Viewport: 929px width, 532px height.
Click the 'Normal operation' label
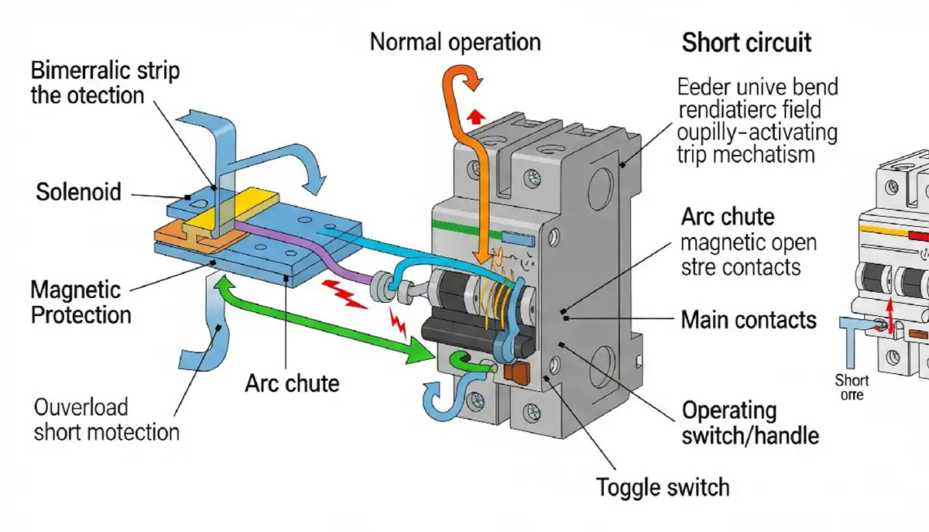(x=454, y=41)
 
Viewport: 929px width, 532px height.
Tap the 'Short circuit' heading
(x=746, y=43)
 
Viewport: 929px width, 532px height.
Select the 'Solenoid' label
(x=79, y=191)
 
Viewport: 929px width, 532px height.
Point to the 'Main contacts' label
(x=749, y=319)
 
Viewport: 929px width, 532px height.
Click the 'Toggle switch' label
(x=663, y=487)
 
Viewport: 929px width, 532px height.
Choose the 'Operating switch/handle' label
(x=749, y=423)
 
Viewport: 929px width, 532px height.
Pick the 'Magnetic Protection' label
(x=80, y=303)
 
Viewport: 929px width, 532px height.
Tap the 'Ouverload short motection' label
(x=106, y=419)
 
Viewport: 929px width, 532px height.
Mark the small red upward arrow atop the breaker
(x=478, y=116)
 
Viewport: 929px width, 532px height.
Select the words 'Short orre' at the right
(x=852, y=387)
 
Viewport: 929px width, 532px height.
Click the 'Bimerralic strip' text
(x=105, y=71)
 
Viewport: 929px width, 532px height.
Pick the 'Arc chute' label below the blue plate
(x=292, y=383)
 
